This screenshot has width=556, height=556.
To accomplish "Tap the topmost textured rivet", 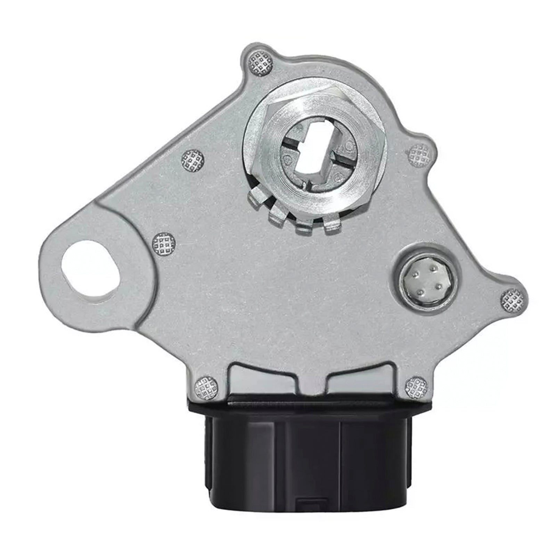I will click(260, 64).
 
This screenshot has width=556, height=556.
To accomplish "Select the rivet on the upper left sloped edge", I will click(192, 160).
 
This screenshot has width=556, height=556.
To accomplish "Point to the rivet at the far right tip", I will click(512, 299).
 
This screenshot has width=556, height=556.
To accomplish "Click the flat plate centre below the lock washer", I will click(295, 295).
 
